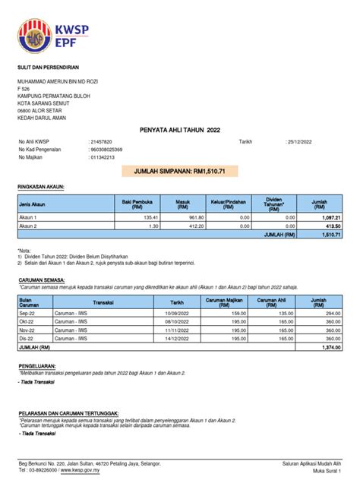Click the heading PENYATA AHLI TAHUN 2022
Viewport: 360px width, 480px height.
180,130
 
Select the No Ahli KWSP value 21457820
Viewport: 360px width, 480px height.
102,142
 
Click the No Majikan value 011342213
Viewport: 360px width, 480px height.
103,157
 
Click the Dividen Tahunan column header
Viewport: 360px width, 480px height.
274,204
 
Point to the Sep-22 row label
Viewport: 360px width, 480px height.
27,313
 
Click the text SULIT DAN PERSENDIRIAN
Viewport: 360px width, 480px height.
53,68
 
